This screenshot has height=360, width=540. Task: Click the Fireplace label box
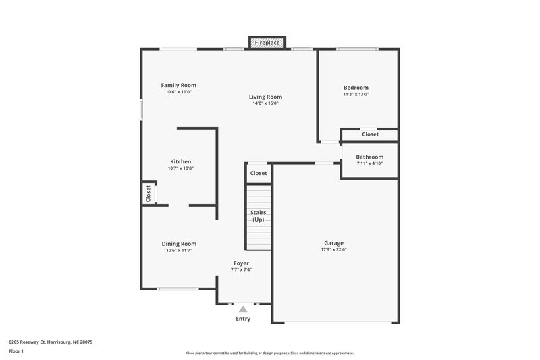[267, 43]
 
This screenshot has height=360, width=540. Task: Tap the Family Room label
[178, 85]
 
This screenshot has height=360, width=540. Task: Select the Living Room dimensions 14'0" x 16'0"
[265, 103]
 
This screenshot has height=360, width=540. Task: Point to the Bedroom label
[356, 88]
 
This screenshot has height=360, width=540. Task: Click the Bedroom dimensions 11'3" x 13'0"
[356, 95]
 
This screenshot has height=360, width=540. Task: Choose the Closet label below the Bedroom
[370, 134]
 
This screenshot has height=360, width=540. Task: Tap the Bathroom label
[369, 157]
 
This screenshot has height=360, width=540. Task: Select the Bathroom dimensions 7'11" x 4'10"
[369, 163]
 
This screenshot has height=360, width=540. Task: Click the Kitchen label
[180, 161]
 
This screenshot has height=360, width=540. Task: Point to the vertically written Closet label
[148, 194]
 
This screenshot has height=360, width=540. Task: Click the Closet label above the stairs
[259, 173]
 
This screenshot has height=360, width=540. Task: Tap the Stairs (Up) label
[258, 216]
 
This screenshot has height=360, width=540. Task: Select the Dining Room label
[179, 244]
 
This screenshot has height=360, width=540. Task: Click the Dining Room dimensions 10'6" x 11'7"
[179, 251]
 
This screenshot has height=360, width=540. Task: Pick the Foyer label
[241, 263]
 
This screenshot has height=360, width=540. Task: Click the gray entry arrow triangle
[243, 309]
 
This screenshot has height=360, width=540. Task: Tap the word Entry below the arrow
[243, 319]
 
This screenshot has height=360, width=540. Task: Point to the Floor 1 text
[16, 352]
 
